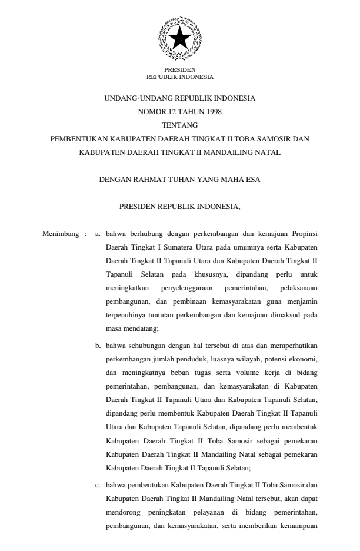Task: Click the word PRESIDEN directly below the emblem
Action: (179, 70)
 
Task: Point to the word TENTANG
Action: (180, 125)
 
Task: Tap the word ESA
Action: (253, 180)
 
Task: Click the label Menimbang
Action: (60, 234)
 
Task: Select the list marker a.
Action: (98, 234)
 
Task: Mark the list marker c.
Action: (98, 486)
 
